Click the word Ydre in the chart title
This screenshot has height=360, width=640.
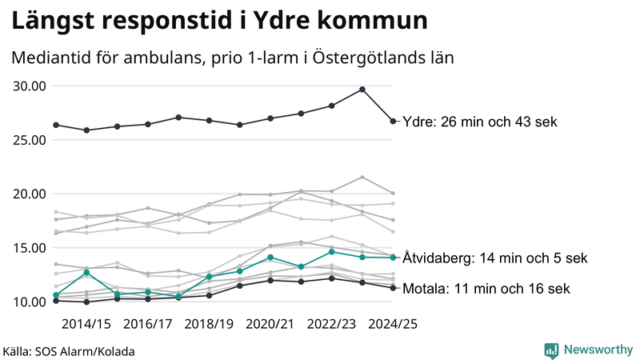[x=282, y=21]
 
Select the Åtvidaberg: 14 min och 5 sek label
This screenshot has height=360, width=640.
[x=495, y=258]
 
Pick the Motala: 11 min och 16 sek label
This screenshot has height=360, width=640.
[x=486, y=289]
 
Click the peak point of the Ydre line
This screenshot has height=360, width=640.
[x=362, y=90]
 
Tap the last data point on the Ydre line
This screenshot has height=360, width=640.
[x=393, y=122]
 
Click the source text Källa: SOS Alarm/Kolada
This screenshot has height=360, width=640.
[x=69, y=351]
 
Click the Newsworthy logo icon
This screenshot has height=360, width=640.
[x=551, y=350]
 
